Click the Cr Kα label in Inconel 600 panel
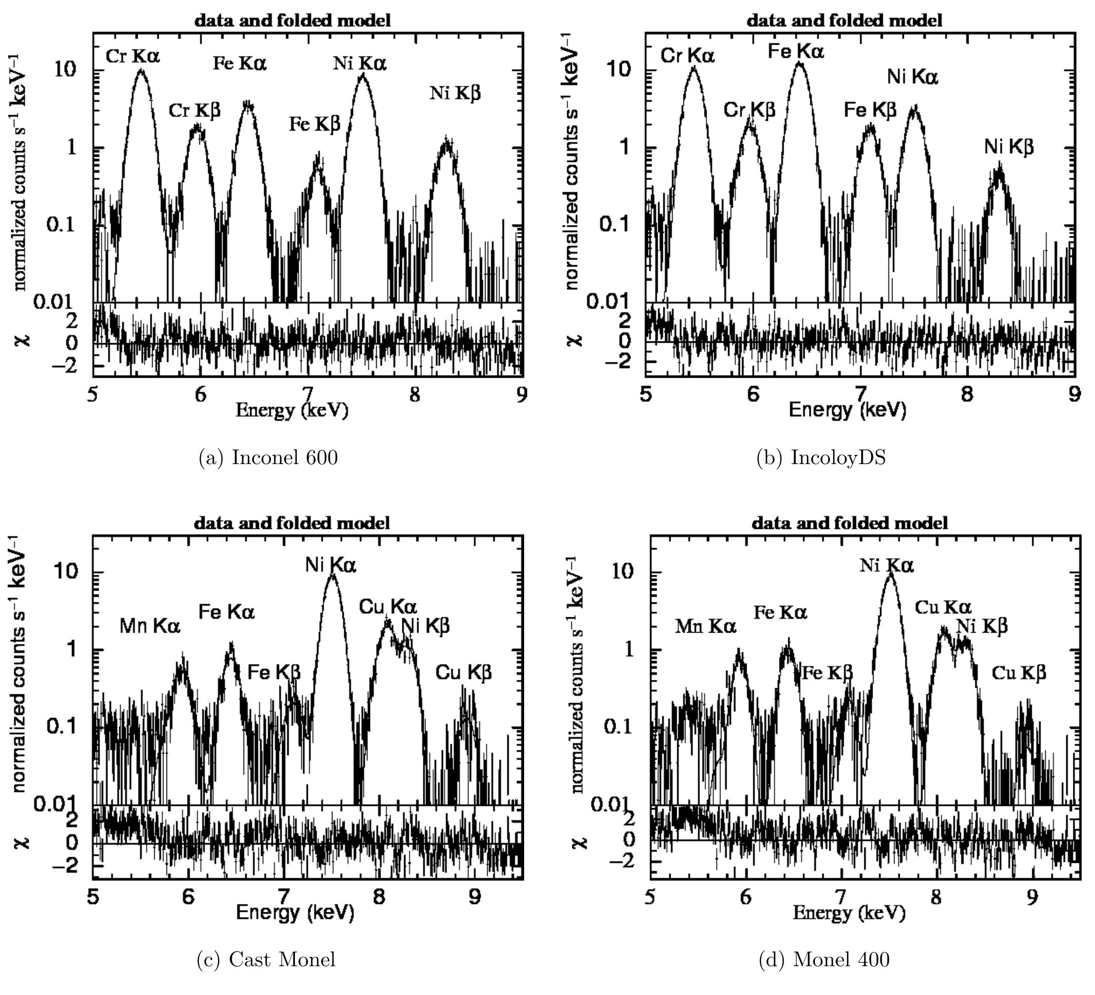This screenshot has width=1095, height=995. [x=133, y=56]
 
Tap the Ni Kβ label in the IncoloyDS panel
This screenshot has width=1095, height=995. [x=1009, y=147]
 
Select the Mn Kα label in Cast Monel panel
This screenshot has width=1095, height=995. [x=150, y=626]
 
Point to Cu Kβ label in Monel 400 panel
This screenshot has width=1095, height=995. [x=1018, y=673]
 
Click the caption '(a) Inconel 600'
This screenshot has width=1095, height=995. [x=268, y=458]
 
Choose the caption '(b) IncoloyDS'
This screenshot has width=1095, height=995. [x=821, y=458]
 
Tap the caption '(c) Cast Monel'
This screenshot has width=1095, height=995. [x=266, y=960]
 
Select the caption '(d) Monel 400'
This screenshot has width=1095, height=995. [x=824, y=960]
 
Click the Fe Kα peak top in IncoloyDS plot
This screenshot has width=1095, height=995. [x=799, y=64]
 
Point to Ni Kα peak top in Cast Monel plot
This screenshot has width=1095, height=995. [x=332, y=575]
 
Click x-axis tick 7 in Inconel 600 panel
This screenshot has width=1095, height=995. [x=307, y=395]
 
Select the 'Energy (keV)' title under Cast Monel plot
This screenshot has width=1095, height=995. [x=294, y=912]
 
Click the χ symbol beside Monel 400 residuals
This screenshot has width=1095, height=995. [x=580, y=842]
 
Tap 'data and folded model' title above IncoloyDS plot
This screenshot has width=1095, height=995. [x=844, y=21]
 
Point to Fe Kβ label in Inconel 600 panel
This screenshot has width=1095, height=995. [x=314, y=124]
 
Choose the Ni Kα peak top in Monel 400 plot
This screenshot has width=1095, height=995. [x=889, y=575]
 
